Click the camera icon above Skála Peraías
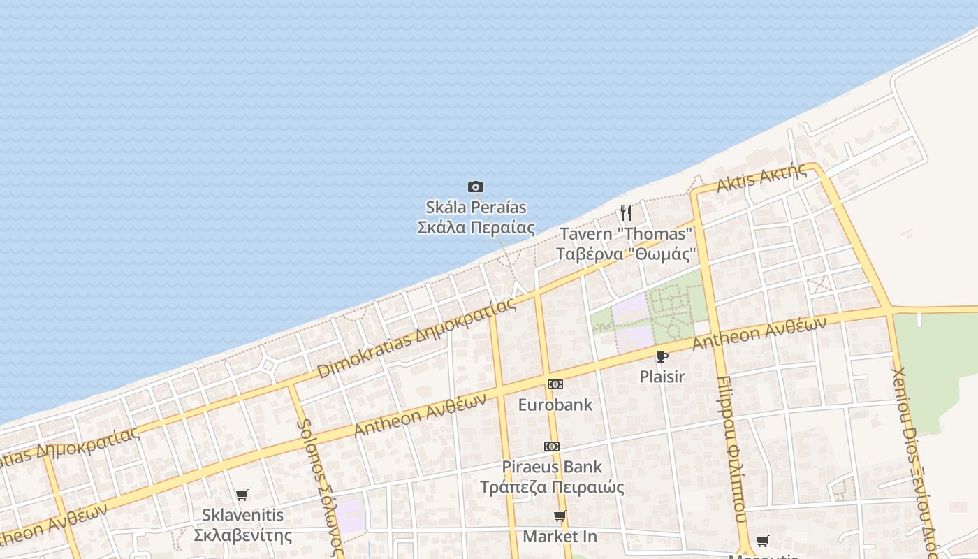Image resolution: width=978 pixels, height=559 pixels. pyautogui.click(x=475, y=187)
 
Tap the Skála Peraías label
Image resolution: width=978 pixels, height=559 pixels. pyautogui.click(x=476, y=217)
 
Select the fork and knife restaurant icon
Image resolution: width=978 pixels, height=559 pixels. pyautogui.click(x=626, y=212)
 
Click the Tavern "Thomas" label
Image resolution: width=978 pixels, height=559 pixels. pyautogui.click(x=626, y=243)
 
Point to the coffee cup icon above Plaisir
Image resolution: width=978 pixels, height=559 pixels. pyautogui.click(x=662, y=356)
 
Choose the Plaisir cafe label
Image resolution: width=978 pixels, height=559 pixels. pyautogui.click(x=662, y=377)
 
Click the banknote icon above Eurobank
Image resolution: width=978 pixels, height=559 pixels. pyautogui.click(x=555, y=384)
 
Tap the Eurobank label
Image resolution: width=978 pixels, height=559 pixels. pyautogui.click(x=555, y=405)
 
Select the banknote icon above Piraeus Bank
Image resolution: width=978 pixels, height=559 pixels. pyautogui.click(x=552, y=446)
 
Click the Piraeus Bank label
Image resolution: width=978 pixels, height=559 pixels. pyautogui.click(x=552, y=477)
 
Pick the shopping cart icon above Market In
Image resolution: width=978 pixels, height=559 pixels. pyautogui.click(x=560, y=516)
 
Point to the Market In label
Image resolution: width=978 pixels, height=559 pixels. pyautogui.click(x=560, y=537)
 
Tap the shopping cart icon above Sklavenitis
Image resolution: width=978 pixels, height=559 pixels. pyautogui.click(x=242, y=495)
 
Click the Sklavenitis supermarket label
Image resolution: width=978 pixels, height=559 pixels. pyautogui.click(x=242, y=525)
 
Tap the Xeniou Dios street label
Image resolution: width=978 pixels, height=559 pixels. pyautogui.click(x=915, y=461)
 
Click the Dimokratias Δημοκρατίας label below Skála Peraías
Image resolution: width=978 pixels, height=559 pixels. pyautogui.click(x=417, y=337)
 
